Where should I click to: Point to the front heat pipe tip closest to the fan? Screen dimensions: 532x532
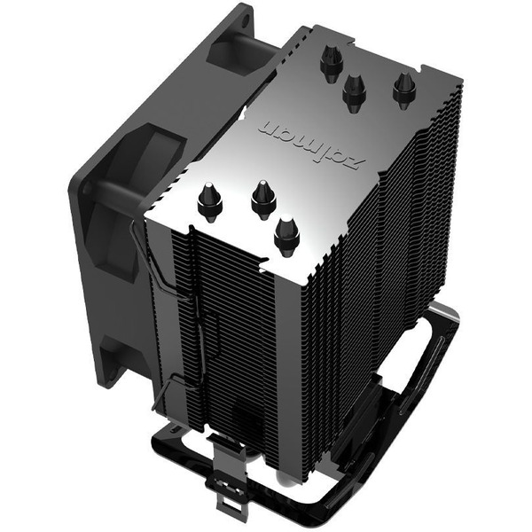tap(210, 202)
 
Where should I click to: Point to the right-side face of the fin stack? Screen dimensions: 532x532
tap(381, 266)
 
